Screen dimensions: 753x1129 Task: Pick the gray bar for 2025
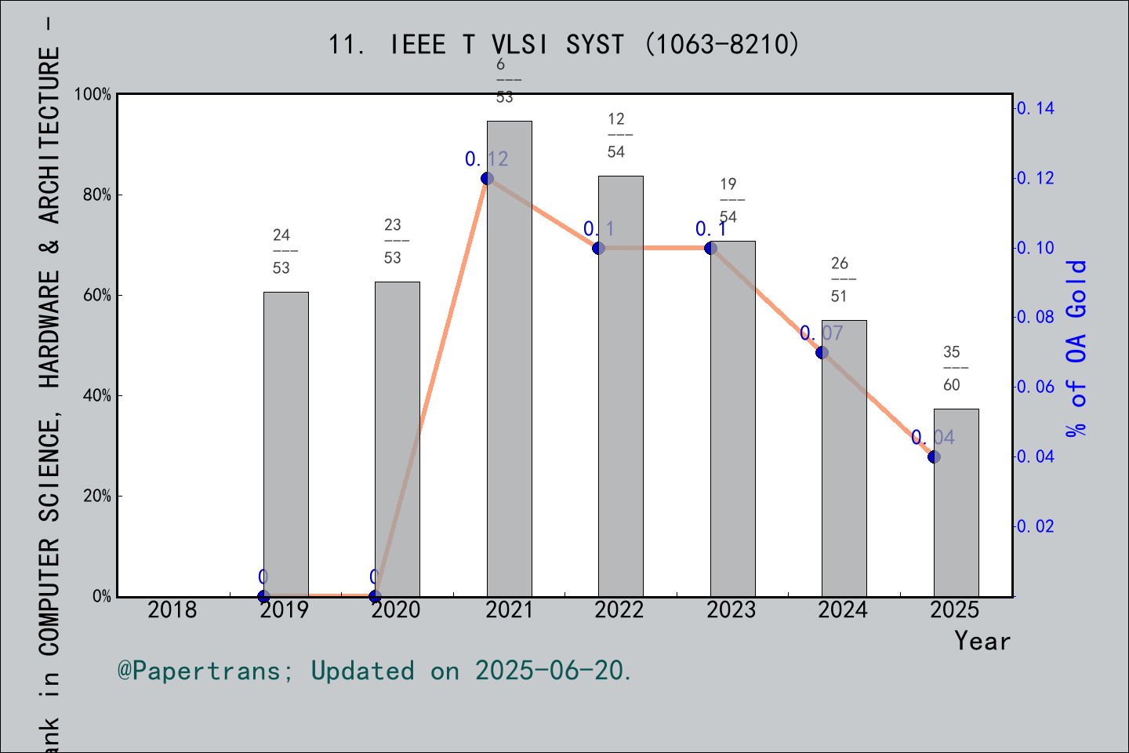[956, 502]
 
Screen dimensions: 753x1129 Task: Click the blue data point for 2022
[598, 248]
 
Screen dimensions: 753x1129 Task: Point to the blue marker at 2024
[822, 352]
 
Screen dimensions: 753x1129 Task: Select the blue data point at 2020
[375, 596]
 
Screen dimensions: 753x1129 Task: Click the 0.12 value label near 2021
[486, 159]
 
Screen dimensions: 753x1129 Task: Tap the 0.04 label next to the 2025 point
[933, 438]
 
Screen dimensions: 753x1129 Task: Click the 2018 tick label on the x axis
[172, 610]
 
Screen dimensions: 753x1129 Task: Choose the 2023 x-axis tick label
[731, 610]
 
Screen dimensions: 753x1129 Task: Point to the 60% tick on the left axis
[97, 296]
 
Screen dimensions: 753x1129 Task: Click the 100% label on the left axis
[93, 95]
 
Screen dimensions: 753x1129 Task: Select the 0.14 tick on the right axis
[1035, 108]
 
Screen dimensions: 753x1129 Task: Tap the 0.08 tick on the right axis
[1035, 317]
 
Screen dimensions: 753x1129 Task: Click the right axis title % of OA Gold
[1076, 348]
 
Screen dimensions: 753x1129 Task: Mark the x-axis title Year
[982, 642]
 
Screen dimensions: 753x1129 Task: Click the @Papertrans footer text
[375, 671]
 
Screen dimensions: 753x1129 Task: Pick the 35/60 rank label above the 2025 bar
[952, 369]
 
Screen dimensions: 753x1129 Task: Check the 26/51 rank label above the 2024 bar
[840, 280]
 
